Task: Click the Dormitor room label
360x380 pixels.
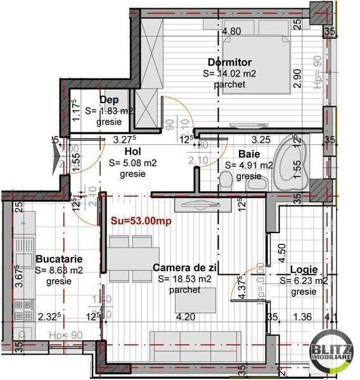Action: [229, 62]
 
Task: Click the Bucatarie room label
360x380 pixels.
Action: [59, 258]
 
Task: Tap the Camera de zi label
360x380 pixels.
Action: [185, 268]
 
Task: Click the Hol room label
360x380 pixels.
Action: [132, 151]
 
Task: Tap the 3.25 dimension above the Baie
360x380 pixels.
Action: [261, 139]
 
